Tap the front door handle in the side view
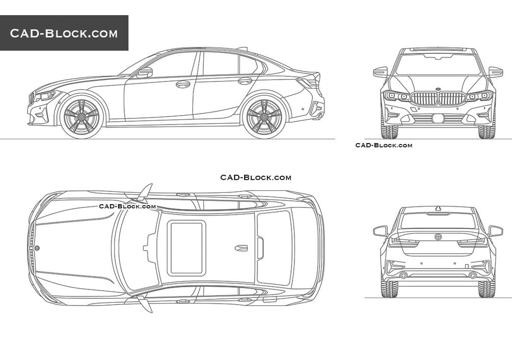click(x=183, y=84)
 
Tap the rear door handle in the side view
click(x=245, y=80)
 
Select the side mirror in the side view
click(x=145, y=72)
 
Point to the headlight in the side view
click(x=46, y=96)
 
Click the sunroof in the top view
click(x=187, y=248)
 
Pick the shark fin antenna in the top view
click(x=241, y=248)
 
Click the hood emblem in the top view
click(x=37, y=248)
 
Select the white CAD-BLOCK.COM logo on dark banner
click(x=64, y=33)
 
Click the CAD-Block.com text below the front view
click(x=384, y=145)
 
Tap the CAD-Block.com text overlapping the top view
click(x=127, y=206)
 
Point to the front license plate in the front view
click(x=438, y=118)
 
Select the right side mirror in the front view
click(x=495, y=72)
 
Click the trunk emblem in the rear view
click(x=438, y=237)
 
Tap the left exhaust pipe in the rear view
click(x=403, y=275)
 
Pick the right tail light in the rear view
click(x=472, y=242)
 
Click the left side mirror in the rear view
click(x=380, y=231)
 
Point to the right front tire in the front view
click(x=487, y=131)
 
